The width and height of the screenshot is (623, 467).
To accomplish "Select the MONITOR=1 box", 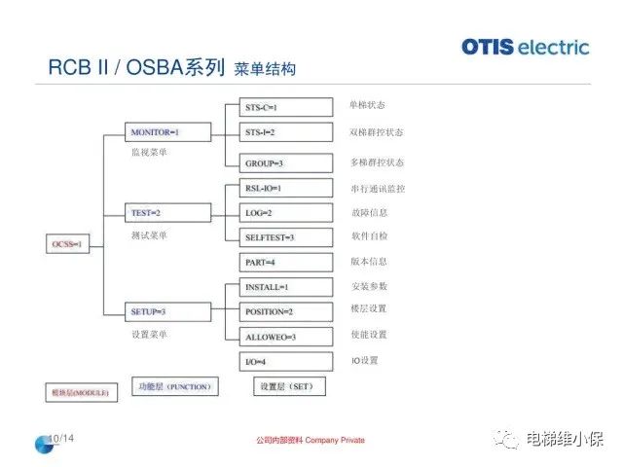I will (x=155, y=131).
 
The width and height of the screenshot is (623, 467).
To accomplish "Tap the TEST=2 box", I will (x=155, y=211).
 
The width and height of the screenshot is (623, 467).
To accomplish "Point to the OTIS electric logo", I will (x=526, y=46).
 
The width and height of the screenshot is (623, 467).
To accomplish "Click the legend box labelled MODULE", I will (x=80, y=392).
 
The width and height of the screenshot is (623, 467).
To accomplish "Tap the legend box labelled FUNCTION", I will (x=174, y=386).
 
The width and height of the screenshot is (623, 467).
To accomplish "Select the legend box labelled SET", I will (x=290, y=386).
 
